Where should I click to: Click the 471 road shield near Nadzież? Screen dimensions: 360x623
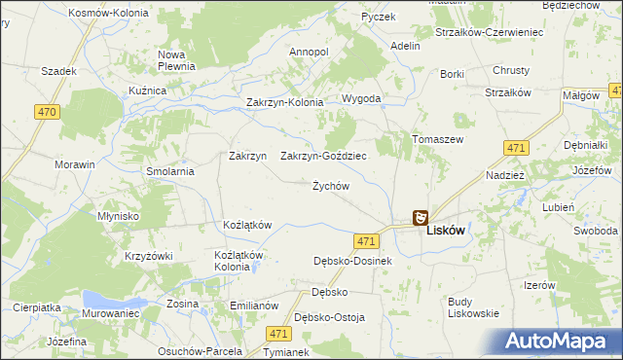(516, 148)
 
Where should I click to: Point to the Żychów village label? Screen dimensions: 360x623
(330, 186)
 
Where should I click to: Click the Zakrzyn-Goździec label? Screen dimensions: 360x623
(323, 156)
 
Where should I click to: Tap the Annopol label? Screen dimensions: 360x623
(309, 52)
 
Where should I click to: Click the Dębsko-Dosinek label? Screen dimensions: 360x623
(352, 261)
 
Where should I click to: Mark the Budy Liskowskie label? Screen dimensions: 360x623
(473, 307)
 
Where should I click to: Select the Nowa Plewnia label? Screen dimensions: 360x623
(178, 60)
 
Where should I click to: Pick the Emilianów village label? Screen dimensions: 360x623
(254, 306)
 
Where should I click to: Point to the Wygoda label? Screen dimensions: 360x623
(360, 99)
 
